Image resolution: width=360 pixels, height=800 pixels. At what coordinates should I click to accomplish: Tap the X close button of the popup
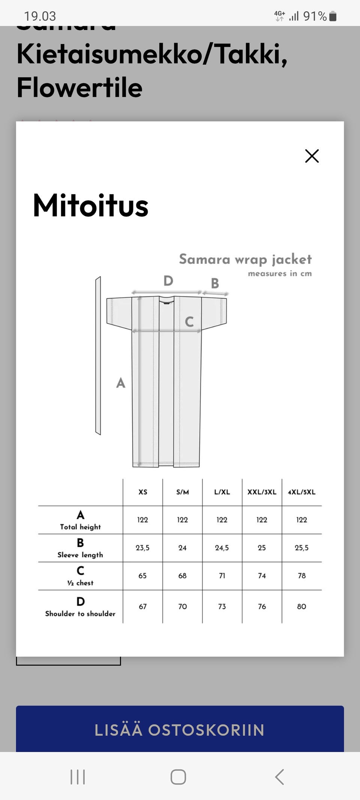pyautogui.click(x=312, y=156)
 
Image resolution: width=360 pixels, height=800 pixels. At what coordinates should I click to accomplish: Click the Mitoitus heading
pyautogui.click(x=91, y=206)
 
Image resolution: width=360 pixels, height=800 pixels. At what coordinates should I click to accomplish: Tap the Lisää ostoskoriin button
pyautogui.click(x=180, y=729)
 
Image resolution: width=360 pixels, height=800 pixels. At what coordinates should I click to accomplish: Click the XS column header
pyautogui.click(x=143, y=492)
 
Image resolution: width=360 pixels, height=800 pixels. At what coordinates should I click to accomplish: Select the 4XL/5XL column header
pyautogui.click(x=301, y=492)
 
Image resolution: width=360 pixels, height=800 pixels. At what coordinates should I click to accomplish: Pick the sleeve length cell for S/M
pyautogui.click(x=182, y=548)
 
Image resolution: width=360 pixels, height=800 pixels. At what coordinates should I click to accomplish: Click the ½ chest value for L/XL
pyautogui.click(x=222, y=575)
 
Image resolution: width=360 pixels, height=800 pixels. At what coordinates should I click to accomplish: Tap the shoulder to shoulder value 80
pyautogui.click(x=301, y=606)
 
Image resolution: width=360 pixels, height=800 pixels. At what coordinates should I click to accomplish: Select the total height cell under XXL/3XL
pyautogui.click(x=262, y=519)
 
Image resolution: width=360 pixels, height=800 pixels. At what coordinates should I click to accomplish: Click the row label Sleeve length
pyautogui.click(x=80, y=554)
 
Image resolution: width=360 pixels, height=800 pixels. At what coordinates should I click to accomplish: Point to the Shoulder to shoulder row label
pyautogui.click(x=80, y=613)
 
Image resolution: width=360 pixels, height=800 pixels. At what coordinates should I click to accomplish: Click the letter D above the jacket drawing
pyautogui.click(x=168, y=281)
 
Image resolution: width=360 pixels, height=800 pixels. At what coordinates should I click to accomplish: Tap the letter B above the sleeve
pyautogui.click(x=215, y=283)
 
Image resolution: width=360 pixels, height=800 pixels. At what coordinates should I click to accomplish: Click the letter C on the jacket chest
pyautogui.click(x=189, y=321)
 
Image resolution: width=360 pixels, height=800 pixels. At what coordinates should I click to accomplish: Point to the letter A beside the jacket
pyautogui.click(x=120, y=383)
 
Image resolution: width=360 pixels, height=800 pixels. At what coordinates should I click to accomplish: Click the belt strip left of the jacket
pyautogui.click(x=98, y=356)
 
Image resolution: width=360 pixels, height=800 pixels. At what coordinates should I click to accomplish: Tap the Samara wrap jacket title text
pyautogui.click(x=245, y=259)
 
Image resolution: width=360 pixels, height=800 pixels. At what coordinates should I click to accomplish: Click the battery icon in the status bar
pyautogui.click(x=333, y=16)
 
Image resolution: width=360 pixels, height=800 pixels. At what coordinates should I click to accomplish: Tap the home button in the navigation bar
pyautogui.click(x=178, y=776)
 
